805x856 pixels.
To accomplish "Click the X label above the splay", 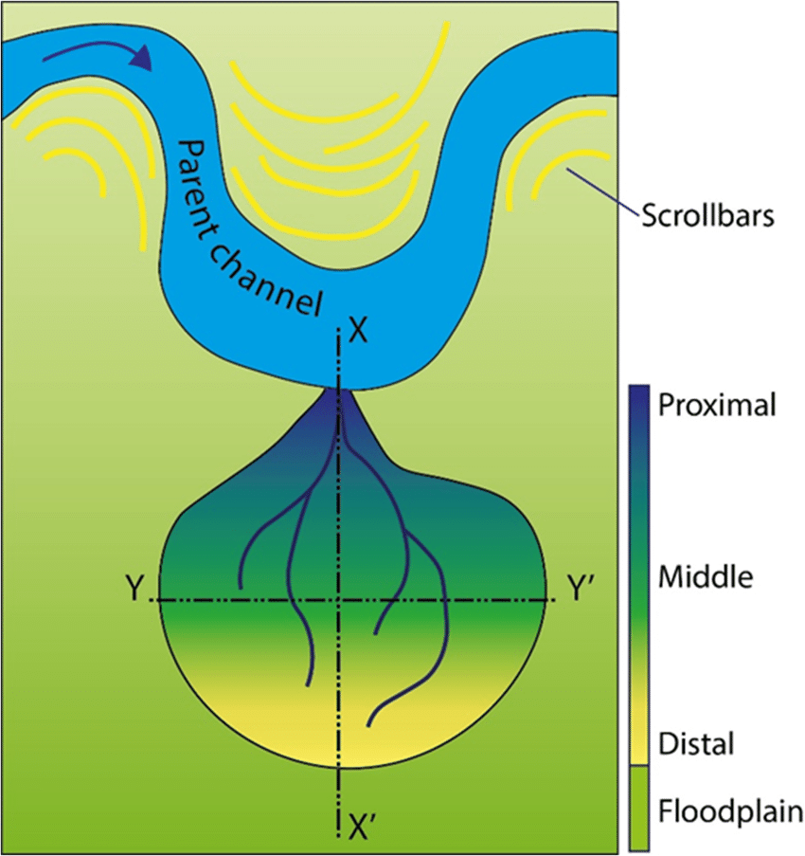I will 357,332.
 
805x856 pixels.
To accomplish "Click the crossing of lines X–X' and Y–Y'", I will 339,600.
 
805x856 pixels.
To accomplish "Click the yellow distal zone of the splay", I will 350,720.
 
